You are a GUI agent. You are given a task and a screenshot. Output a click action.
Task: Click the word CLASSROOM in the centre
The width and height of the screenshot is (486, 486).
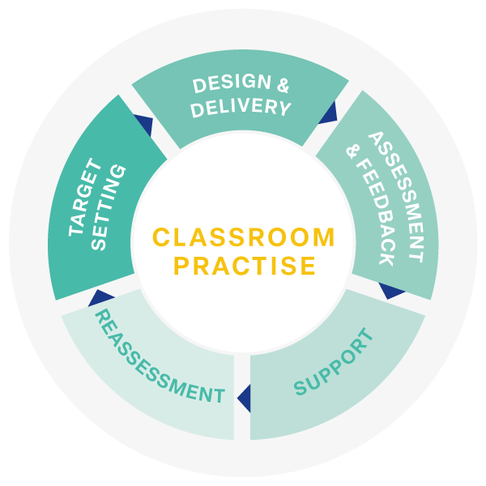pos(244,237)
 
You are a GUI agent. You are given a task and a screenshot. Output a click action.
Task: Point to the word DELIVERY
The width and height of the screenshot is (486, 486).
pos(241,108)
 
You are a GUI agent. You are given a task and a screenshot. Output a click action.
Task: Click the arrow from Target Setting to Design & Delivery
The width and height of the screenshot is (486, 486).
pos(144,125)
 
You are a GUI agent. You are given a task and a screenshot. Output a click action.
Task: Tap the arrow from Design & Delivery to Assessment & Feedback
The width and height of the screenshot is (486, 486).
pos(329,113)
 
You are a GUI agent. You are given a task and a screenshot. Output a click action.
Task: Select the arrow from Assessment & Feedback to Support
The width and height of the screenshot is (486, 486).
pos(392,290)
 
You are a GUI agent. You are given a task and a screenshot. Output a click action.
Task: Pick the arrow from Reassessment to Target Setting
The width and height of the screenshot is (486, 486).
pos(100,297)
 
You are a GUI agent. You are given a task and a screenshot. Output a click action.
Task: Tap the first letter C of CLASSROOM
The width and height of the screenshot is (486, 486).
pos(161,237)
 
